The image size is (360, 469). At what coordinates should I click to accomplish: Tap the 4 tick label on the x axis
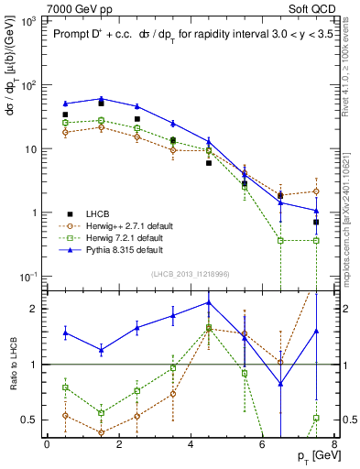pyautogui.click(x=190, y=445)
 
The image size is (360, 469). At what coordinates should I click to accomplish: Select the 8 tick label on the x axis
pyautogui.click(x=333, y=445)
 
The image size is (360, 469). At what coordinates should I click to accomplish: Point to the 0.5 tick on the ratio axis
pyautogui.click(x=30, y=420)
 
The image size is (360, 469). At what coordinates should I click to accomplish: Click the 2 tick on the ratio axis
pyautogui.click(x=35, y=309)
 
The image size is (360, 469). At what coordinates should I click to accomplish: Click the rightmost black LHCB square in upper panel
pyautogui.click(x=315, y=222)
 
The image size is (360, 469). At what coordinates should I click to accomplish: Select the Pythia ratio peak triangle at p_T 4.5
pyautogui.click(x=208, y=301)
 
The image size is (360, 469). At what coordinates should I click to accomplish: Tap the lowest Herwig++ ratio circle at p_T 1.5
pyautogui.click(x=101, y=432)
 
